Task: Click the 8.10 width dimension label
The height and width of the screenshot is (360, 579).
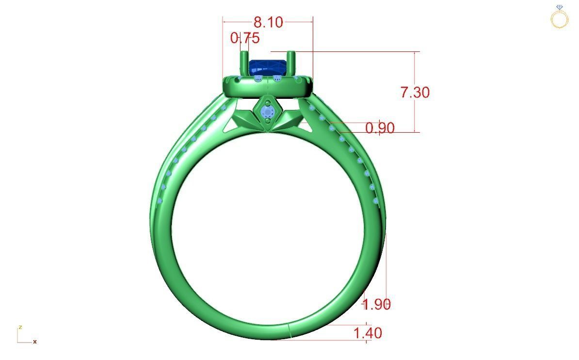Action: [x=268, y=22]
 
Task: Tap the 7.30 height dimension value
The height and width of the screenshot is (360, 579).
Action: [x=415, y=92]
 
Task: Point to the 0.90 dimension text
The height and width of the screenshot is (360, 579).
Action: [x=380, y=128]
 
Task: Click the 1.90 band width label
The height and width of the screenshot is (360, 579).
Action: [x=377, y=304]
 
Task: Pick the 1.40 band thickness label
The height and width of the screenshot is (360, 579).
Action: [x=368, y=333]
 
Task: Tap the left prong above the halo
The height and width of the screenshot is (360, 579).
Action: [x=243, y=63]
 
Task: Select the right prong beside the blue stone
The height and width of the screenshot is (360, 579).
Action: [x=291, y=63]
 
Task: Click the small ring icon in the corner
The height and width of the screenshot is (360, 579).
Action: [x=560, y=18]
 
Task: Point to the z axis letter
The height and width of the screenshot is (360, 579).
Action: [x=20, y=328]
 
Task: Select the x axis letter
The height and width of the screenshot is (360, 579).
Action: [x=35, y=342]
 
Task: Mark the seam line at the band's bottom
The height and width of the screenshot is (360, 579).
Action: [x=289, y=330]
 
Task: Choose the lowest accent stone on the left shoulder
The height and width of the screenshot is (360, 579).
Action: [x=160, y=201]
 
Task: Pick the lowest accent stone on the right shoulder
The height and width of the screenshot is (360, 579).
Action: [x=375, y=200]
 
